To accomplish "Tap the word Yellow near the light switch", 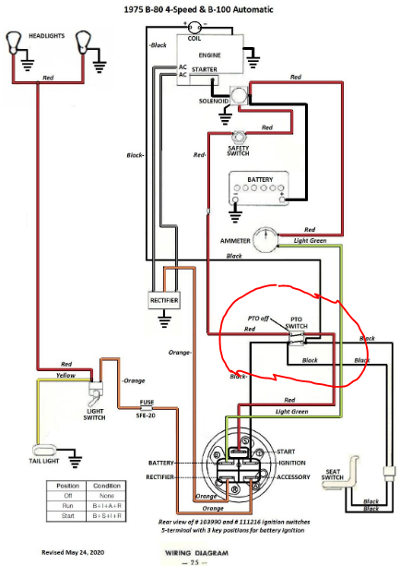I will (66, 377).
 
